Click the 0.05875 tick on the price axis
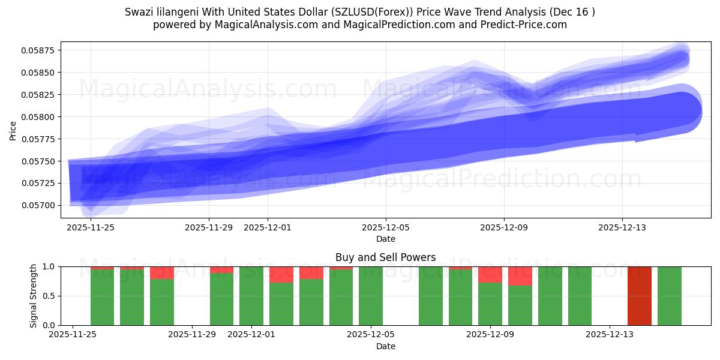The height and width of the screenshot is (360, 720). point(38,50)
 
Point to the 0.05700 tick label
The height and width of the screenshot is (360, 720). point(38,206)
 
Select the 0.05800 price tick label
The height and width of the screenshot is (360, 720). point(38,117)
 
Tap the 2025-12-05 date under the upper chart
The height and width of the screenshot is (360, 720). point(386,227)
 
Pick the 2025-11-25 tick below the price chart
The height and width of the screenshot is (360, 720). point(91,227)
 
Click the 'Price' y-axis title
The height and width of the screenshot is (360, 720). point(13,130)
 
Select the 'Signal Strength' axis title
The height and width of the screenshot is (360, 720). point(34,296)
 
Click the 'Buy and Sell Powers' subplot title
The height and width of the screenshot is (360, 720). point(386,258)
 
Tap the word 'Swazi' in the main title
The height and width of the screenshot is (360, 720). point(139,12)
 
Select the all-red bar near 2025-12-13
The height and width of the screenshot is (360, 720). point(639,296)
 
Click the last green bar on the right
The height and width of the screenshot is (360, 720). point(669,296)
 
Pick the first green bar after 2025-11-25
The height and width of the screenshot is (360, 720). point(102,297)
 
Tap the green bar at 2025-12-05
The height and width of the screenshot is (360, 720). point(371,296)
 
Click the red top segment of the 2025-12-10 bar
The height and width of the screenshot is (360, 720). point(520,276)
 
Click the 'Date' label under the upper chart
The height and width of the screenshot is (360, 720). point(386,239)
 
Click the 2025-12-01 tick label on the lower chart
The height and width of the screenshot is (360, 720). point(251,335)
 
